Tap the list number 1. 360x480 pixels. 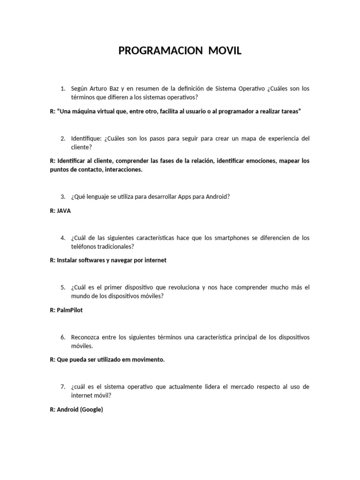[62, 89]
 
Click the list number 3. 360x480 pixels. [62, 197]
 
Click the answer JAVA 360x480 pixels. [64, 211]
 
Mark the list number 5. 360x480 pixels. [62, 287]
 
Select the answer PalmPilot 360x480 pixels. [69, 310]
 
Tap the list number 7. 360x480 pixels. [62, 387]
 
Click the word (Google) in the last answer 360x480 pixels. [91, 410]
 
